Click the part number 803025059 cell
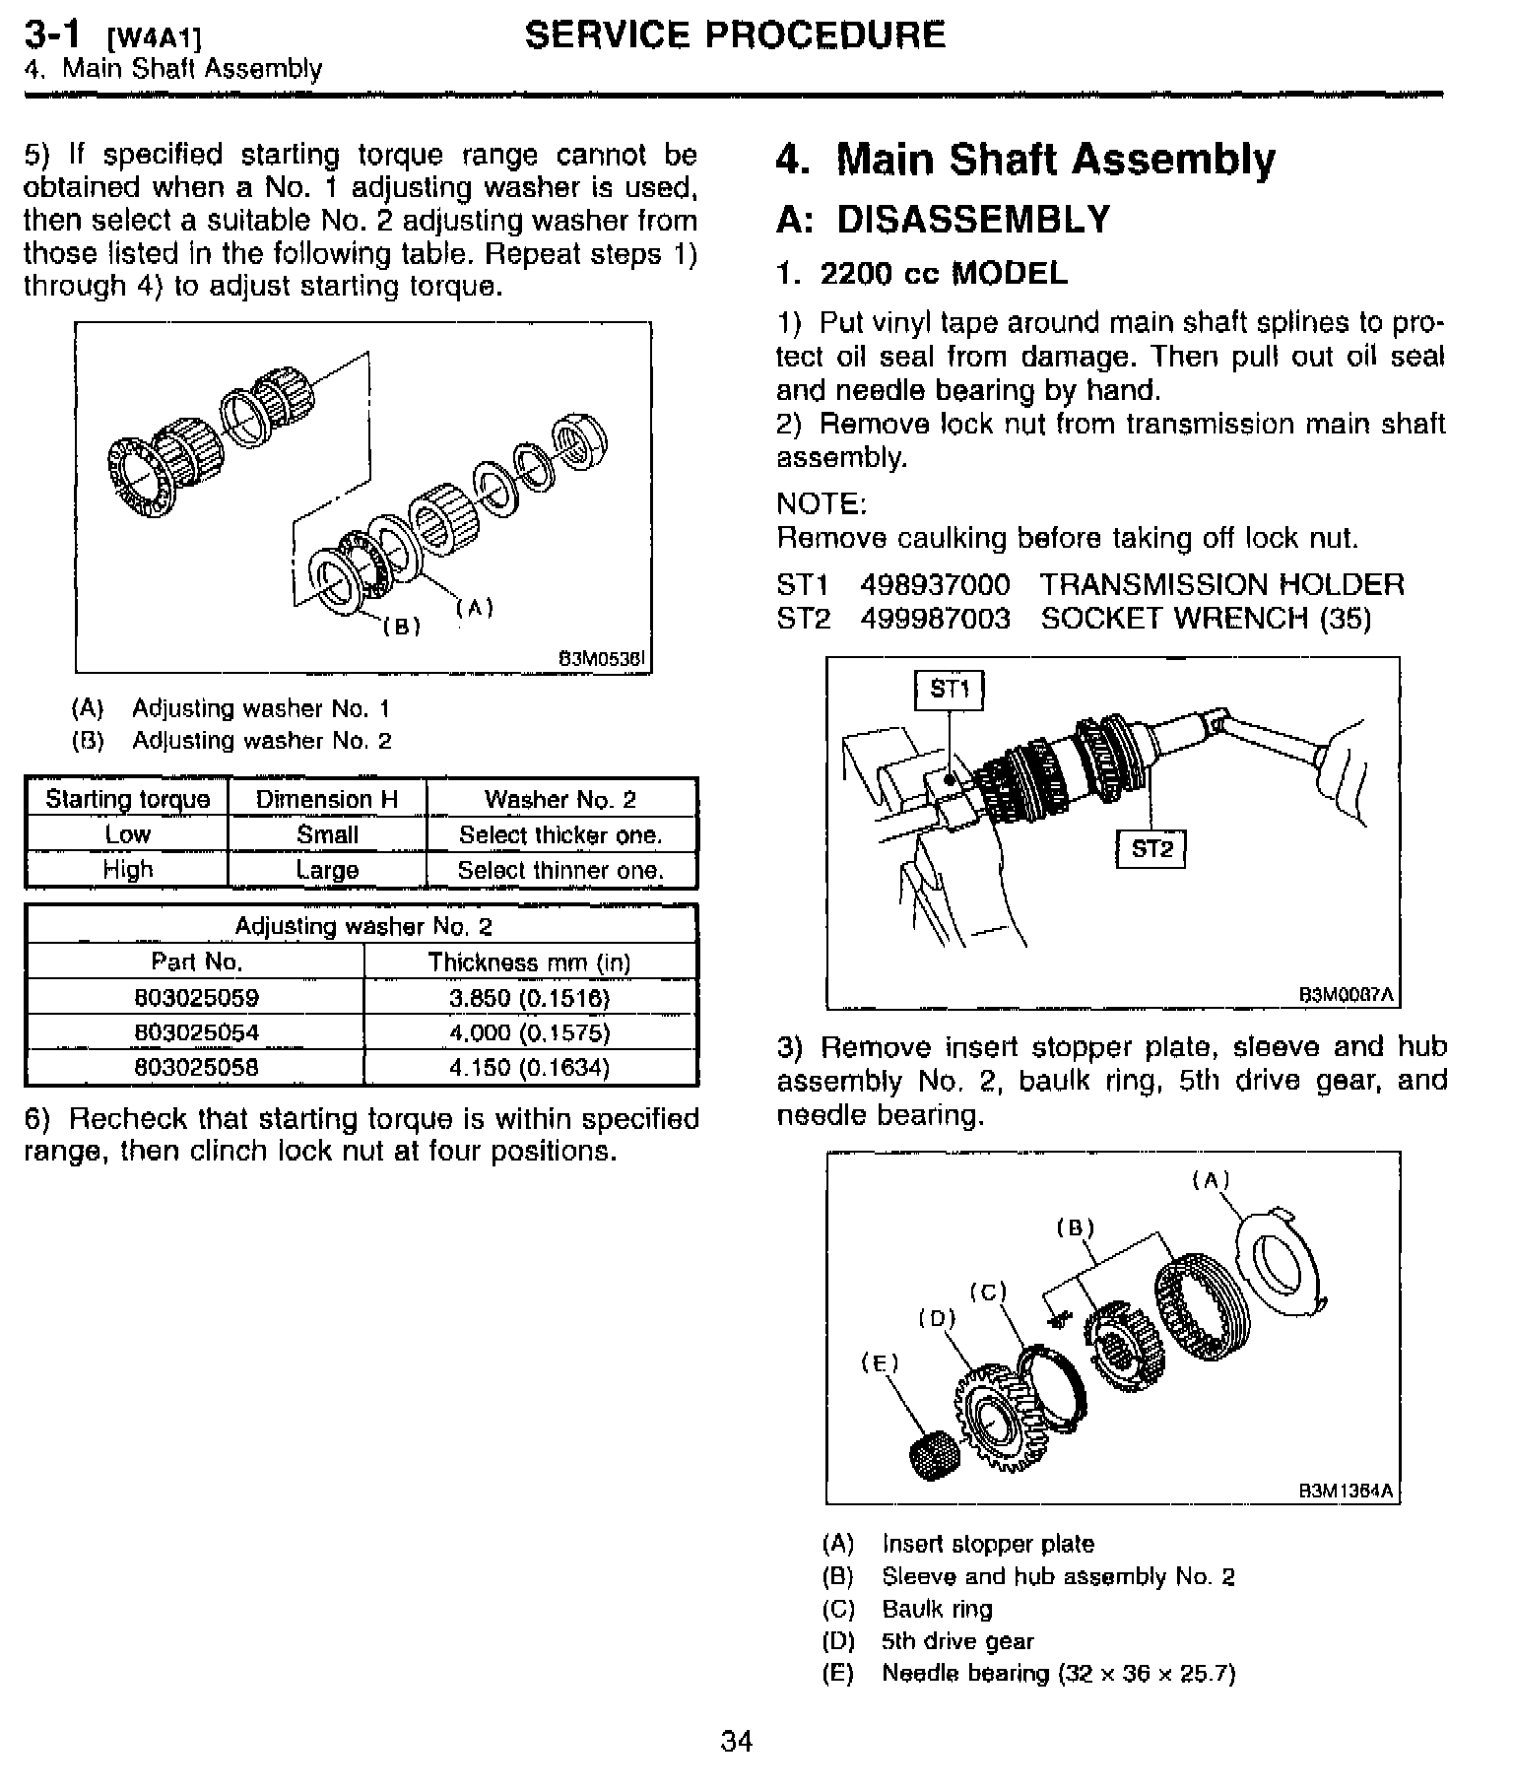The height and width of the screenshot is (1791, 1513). pos(196,998)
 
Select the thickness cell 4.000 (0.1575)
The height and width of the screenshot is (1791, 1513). pos(530,1033)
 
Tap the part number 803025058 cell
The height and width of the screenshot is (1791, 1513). pos(196,1068)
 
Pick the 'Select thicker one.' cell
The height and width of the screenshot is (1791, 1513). pos(560,835)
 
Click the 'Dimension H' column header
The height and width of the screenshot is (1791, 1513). pos(326,799)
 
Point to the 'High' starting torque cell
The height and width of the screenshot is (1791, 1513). pos(127,870)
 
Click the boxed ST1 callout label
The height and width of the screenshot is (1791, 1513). pos(950,690)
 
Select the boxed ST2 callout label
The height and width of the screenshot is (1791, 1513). pos(1151,848)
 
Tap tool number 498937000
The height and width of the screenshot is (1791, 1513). pos(935,585)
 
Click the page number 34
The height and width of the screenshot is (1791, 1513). pos(736,1741)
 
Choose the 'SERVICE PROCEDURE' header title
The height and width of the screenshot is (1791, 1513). pos(735,35)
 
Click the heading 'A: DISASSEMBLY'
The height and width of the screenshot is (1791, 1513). pos(943,220)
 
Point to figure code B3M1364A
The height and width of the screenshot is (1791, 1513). pos(1347,1491)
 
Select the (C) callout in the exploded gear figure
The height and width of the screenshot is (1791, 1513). pos(987,1292)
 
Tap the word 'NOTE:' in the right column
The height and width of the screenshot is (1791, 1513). pos(821,504)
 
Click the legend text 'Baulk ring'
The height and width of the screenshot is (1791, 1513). pos(937,1609)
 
